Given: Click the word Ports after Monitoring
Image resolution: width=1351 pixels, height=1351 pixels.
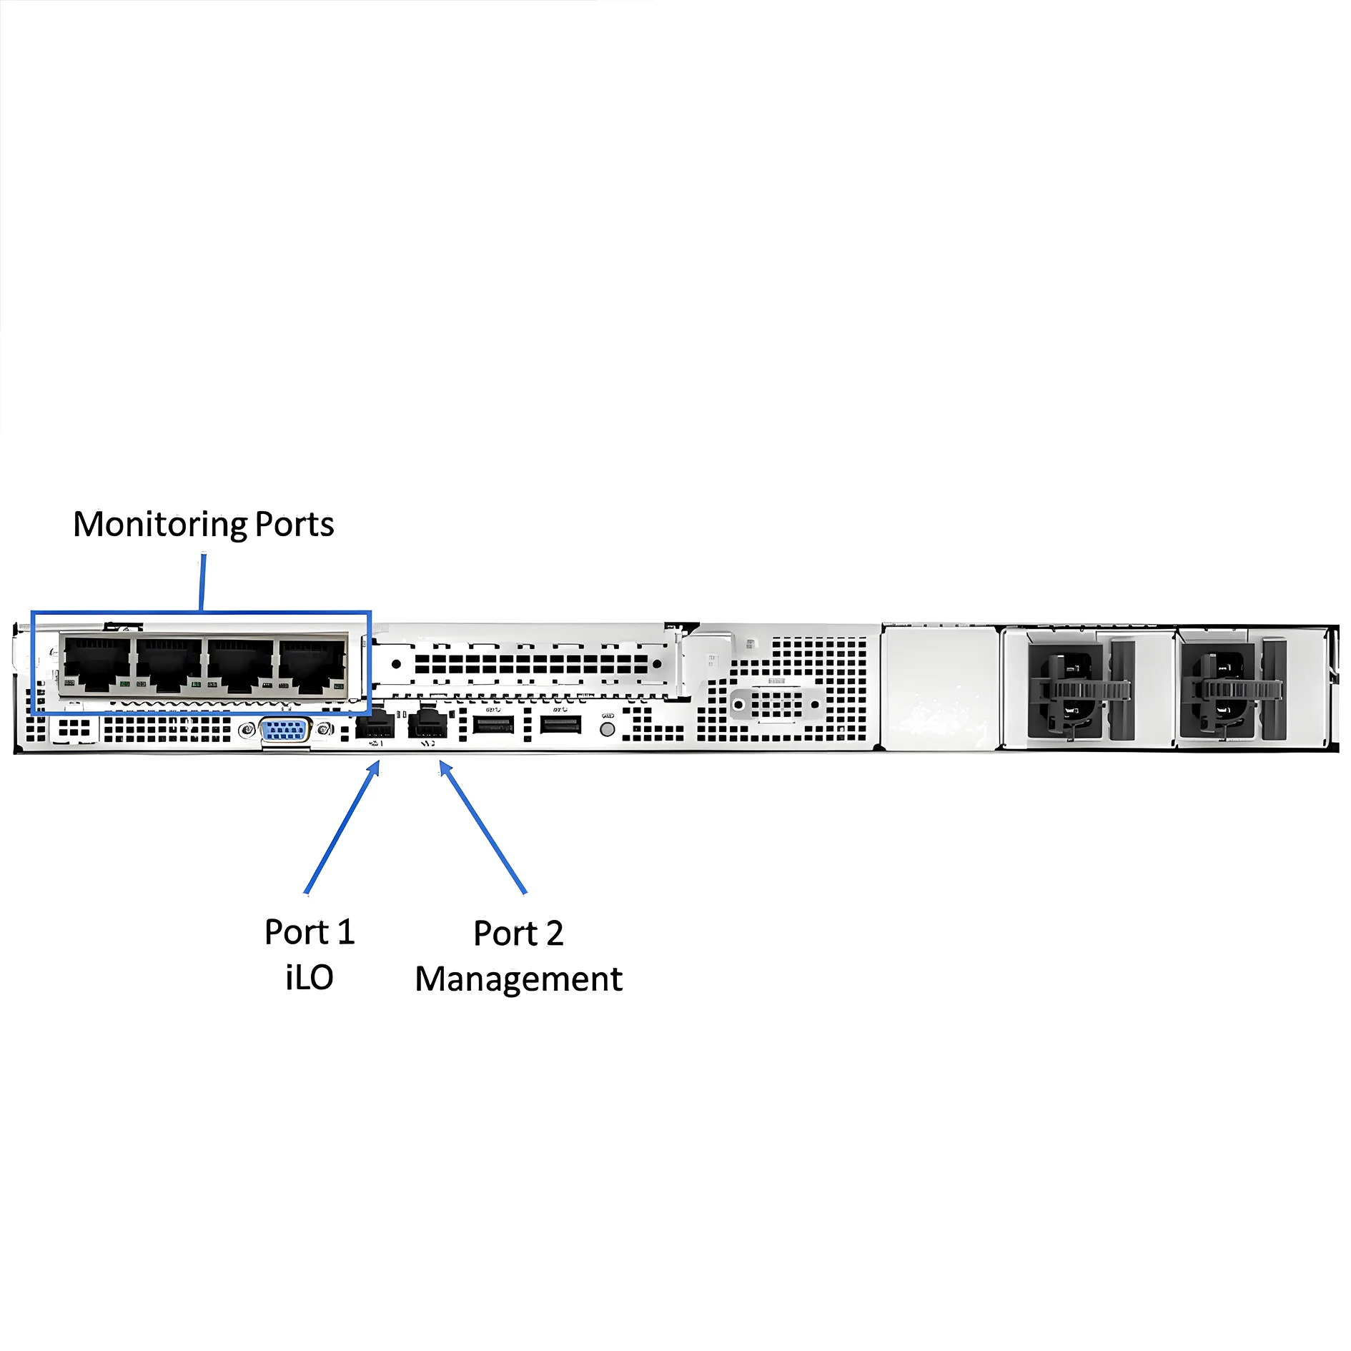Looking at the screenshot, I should [x=295, y=524].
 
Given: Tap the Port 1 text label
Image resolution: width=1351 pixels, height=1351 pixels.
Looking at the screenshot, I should [x=310, y=932].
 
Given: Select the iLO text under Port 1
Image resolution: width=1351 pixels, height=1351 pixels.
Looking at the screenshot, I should [x=310, y=977].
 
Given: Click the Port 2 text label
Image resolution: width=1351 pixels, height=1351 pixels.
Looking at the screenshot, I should [x=518, y=933].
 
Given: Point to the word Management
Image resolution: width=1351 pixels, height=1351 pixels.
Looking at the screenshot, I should [x=518, y=979].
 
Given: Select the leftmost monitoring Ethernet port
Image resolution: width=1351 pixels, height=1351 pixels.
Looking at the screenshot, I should [x=97, y=665].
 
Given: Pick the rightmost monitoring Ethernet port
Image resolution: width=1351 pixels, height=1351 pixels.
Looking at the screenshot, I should [x=312, y=665].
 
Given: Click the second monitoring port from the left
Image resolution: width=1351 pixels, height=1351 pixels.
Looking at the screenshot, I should [x=169, y=665].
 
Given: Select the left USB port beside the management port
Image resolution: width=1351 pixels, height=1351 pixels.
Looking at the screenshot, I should [x=493, y=724].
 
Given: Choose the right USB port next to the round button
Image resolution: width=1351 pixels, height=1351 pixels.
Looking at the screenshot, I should [x=560, y=724].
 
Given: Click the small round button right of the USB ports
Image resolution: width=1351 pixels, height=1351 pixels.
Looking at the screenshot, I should [x=607, y=729].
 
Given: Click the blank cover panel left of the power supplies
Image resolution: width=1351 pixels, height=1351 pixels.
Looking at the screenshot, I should [x=939, y=686].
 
